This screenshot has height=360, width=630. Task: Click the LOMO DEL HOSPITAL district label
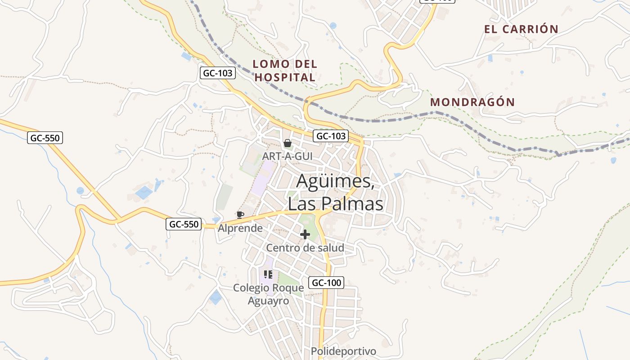click(285, 71)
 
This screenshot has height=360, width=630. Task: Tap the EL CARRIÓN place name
click(521, 29)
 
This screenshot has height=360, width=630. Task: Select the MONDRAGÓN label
click(472, 102)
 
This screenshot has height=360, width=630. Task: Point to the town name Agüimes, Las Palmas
click(335, 193)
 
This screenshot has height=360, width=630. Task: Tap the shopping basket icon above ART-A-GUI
click(287, 144)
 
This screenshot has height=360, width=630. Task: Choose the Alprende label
click(240, 228)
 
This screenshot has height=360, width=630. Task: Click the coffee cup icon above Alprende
click(240, 215)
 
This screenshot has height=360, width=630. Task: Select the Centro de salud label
click(305, 247)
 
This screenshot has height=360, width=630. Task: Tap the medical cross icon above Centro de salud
click(305, 234)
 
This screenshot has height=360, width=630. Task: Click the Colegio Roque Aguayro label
click(269, 294)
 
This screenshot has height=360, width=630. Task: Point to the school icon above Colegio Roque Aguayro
click(269, 274)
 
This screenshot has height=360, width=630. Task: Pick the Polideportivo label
click(343, 351)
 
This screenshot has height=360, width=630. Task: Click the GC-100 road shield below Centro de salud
click(326, 283)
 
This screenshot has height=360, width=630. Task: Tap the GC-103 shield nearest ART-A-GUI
click(331, 136)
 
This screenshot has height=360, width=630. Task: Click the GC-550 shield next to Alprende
click(184, 224)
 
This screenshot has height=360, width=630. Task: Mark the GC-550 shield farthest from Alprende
click(45, 138)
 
